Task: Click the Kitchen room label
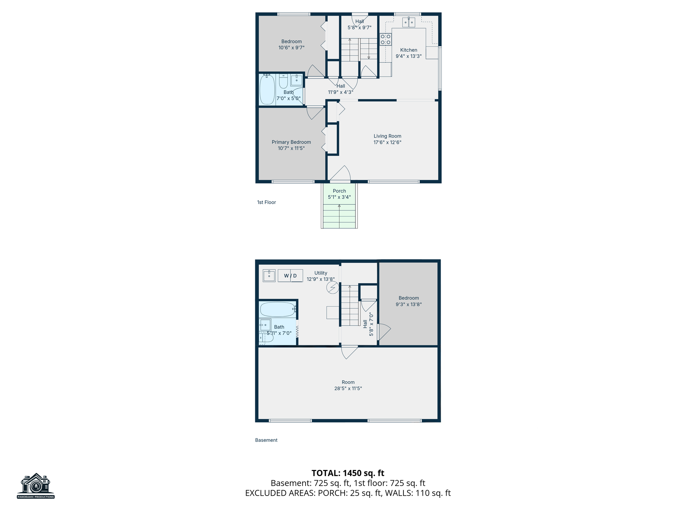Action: pyautogui.click(x=408, y=50)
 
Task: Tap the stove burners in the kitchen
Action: pyautogui.click(x=385, y=39)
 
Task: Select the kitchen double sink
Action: pyautogui.click(x=408, y=22)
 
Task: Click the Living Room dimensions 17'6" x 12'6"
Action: pyautogui.click(x=387, y=142)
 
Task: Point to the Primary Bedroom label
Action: pyautogui.click(x=291, y=142)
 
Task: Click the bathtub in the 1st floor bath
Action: pyautogui.click(x=267, y=90)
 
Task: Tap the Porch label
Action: pyautogui.click(x=340, y=191)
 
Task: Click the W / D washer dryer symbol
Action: pyautogui.click(x=290, y=276)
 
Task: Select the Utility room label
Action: pyautogui.click(x=321, y=273)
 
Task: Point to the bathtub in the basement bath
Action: pyautogui.click(x=278, y=309)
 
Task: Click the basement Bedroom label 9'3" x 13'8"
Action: pyautogui.click(x=409, y=301)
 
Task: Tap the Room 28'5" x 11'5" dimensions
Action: pyautogui.click(x=348, y=388)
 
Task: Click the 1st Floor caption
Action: pyautogui.click(x=266, y=202)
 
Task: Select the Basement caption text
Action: pyautogui.click(x=266, y=440)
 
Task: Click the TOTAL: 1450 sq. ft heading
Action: pyautogui.click(x=348, y=473)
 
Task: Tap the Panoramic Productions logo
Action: pyautogui.click(x=36, y=486)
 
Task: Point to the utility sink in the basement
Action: pyautogui.click(x=269, y=276)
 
